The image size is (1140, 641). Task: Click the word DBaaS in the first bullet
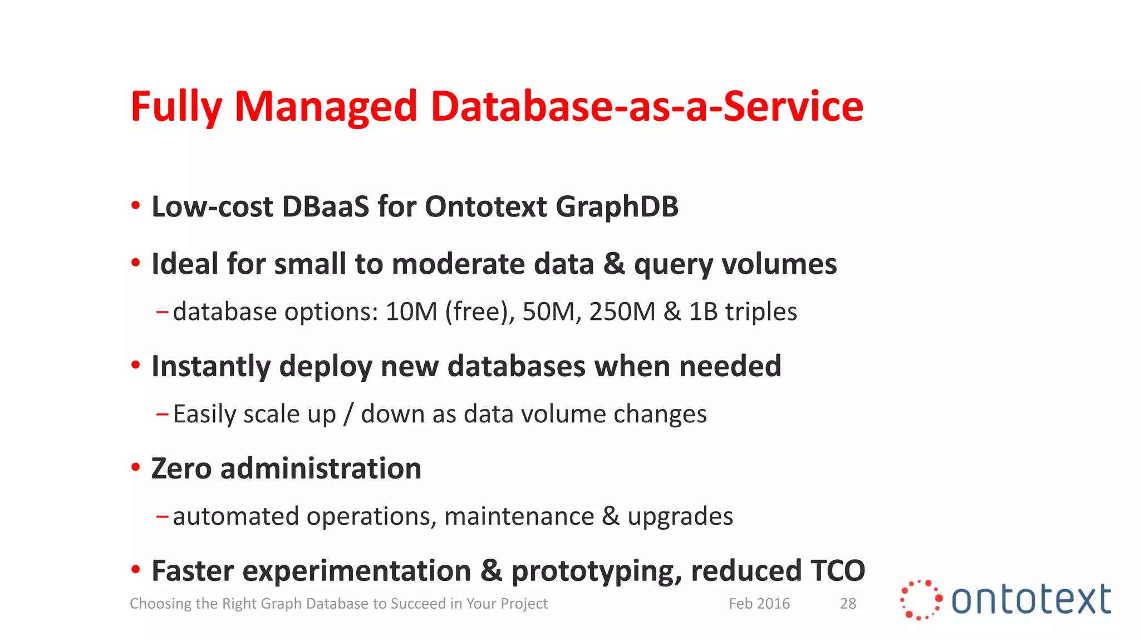tap(326, 206)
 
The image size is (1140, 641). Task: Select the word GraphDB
tap(617, 206)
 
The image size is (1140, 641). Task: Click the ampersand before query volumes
tap(614, 264)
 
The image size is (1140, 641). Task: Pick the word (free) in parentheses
tap(479, 312)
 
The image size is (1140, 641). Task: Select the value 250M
tap(622, 312)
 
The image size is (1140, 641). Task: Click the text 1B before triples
tap(703, 312)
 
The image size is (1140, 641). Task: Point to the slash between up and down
tap(348, 414)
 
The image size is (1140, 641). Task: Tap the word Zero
tap(181, 469)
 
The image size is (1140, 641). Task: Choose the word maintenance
tap(519, 516)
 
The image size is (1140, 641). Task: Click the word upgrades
tap(680, 516)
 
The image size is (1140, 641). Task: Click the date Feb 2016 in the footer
tap(759, 604)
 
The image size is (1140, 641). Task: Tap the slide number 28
tap(848, 604)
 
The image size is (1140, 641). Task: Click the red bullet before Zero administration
tap(135, 467)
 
